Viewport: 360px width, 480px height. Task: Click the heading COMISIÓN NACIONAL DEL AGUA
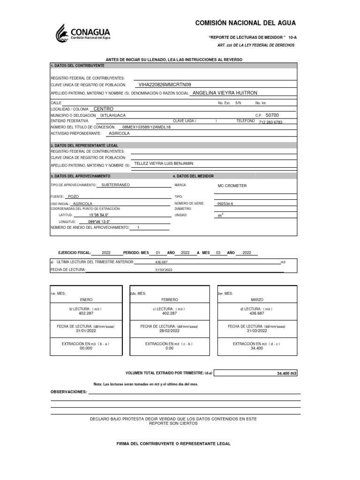click(245, 23)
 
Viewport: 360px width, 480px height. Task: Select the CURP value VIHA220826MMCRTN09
click(165, 85)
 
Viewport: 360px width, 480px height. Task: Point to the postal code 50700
click(272, 115)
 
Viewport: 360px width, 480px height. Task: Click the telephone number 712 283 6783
click(270, 122)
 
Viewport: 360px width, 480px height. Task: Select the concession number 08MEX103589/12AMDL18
click(146, 127)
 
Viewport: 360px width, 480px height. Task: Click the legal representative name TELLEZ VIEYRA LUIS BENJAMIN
click(163, 164)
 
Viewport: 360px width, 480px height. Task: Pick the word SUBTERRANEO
click(115, 185)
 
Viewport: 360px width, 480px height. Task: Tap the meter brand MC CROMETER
click(232, 186)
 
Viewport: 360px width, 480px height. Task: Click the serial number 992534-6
click(225, 204)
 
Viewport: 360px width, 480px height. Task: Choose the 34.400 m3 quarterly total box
click(256, 373)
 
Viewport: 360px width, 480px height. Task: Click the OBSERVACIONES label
click(69, 391)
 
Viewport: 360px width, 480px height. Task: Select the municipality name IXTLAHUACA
click(113, 115)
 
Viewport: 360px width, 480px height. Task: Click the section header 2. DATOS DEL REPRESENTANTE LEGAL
click(84, 145)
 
